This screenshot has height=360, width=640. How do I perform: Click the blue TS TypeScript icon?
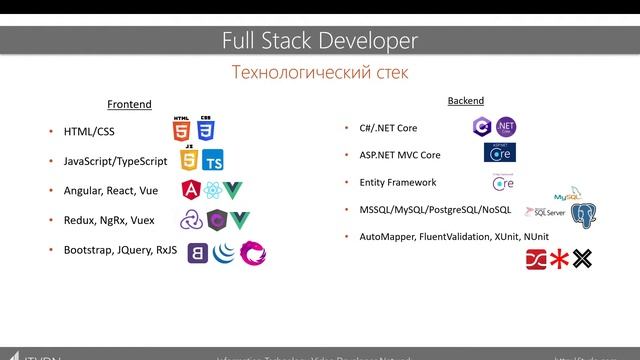click(213, 160)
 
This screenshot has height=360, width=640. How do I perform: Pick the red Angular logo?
click(191, 190)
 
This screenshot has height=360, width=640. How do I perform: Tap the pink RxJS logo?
click(253, 250)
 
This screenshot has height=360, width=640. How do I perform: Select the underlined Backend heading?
click(465, 101)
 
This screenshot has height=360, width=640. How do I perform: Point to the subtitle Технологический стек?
click(320, 73)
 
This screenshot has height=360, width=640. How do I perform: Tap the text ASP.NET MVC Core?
click(400, 156)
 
